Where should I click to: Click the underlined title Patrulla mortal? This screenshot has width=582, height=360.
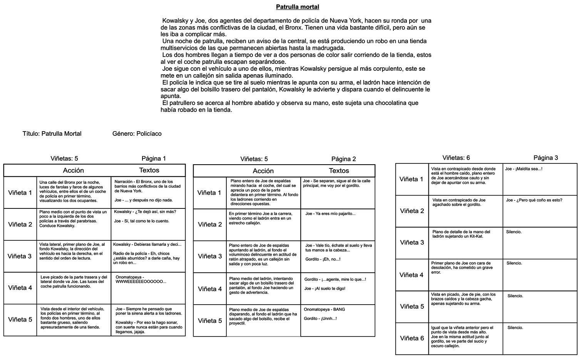pos(297,7)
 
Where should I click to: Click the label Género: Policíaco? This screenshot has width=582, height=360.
pos(137,134)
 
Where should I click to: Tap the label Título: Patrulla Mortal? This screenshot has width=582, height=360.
pos(52,134)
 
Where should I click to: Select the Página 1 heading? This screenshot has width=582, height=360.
pos(154,158)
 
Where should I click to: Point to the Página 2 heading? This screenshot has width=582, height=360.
pos(343,159)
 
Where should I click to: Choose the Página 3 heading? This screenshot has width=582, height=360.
pos(545,158)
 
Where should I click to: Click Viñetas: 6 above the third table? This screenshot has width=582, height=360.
pos(456,158)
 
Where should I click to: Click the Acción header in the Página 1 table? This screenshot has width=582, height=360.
pos(73,170)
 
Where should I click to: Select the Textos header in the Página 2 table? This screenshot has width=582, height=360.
pos(339,171)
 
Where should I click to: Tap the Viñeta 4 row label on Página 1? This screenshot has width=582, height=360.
pos(20,288)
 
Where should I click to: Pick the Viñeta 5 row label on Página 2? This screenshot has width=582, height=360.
pos(210,321)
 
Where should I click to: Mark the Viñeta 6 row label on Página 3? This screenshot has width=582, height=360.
pos(412,338)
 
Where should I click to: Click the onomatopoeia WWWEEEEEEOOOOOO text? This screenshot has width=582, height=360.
pos(141,282)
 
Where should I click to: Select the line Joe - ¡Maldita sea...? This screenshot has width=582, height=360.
pos(523,169)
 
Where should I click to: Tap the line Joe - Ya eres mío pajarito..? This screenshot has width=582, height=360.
pos(330,214)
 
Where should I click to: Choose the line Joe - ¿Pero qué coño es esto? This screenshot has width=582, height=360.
pos(534,200)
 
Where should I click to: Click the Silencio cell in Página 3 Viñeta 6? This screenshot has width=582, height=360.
pos(515,328)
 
